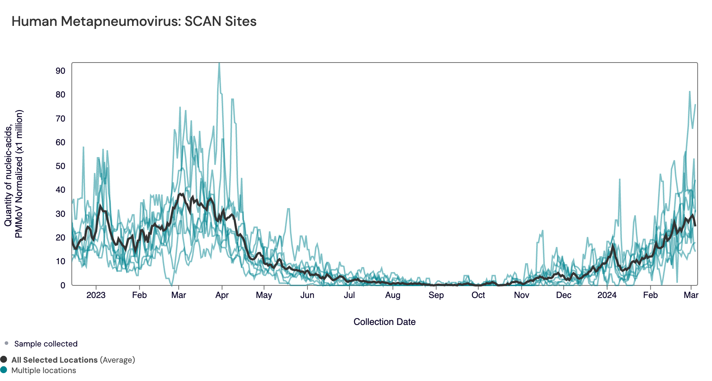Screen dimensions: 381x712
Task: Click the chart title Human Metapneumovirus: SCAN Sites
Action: click(134, 22)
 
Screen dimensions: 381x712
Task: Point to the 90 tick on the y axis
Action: click(60, 71)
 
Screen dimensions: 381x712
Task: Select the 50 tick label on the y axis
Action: click(60, 166)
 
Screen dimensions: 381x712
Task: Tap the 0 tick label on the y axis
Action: click(63, 285)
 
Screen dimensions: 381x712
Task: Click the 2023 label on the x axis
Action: click(96, 295)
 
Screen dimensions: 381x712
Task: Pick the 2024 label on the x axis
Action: click(606, 295)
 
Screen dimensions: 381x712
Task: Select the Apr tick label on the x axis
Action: click(222, 295)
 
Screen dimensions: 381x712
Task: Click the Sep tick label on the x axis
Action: click(436, 295)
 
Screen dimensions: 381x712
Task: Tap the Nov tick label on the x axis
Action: click(521, 295)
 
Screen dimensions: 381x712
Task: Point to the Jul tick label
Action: click(349, 295)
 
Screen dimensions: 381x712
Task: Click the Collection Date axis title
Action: click(384, 322)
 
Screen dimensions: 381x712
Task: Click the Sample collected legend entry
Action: click(46, 344)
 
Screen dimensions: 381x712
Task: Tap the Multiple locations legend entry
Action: click(43, 370)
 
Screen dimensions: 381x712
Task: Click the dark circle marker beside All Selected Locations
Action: click(4, 359)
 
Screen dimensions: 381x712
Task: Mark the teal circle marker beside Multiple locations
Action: click(4, 370)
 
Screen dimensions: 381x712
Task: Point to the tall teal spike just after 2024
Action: click(619, 180)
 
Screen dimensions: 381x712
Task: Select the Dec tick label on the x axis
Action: click(563, 295)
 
